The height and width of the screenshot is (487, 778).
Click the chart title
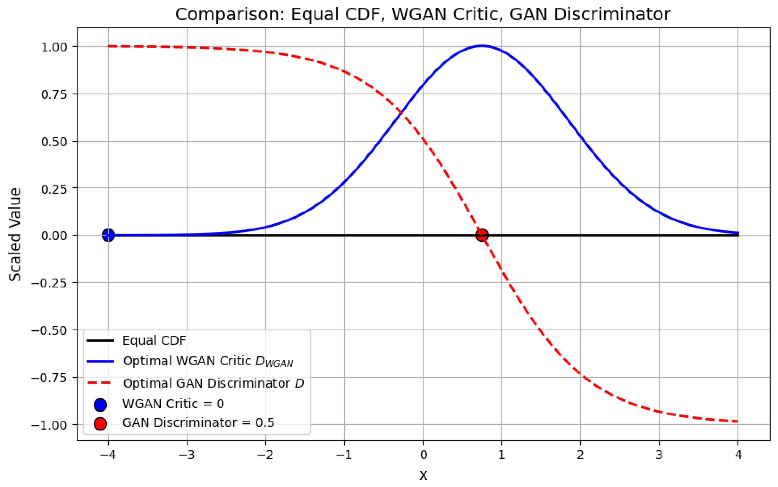423,14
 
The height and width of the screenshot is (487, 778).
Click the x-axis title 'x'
423,475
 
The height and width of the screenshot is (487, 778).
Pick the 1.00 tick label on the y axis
54,47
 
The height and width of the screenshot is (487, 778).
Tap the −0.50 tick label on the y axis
49,330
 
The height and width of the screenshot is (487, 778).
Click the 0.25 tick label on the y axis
54,189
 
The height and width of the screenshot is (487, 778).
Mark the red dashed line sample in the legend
100,383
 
